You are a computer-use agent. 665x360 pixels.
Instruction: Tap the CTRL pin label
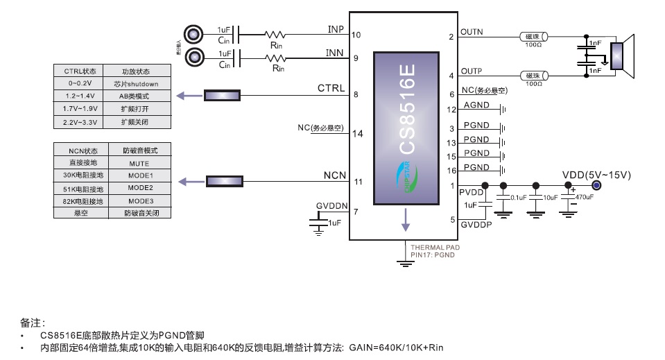point(331,88)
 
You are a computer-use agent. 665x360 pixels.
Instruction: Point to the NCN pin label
point(334,175)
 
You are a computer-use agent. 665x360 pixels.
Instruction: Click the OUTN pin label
point(472,32)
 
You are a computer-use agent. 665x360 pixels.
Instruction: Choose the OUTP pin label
point(472,71)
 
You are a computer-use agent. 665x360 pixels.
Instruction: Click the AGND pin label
point(476,105)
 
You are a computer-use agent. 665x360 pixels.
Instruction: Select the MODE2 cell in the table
point(139,188)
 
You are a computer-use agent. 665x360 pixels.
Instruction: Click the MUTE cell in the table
point(139,163)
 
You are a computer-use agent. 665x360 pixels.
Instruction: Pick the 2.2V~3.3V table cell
point(80,121)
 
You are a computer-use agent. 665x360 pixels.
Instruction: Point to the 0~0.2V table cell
point(80,83)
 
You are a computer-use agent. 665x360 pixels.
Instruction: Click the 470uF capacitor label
point(584,197)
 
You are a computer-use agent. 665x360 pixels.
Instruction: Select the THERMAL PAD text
point(435,247)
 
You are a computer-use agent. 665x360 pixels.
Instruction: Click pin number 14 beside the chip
point(358,134)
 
